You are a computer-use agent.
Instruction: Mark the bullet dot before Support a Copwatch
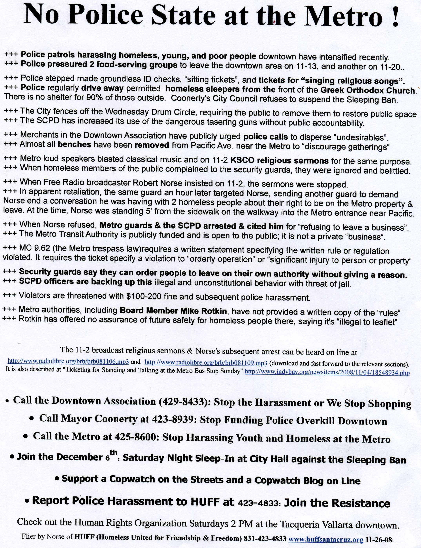click(57, 479)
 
